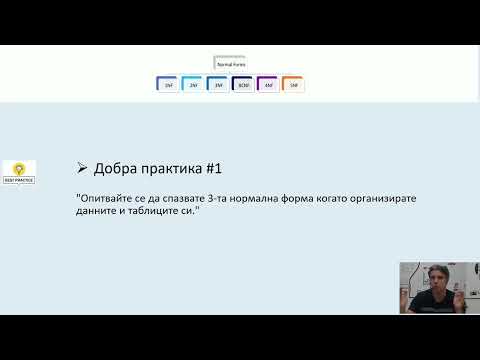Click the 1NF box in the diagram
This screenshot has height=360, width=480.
pos(168,85)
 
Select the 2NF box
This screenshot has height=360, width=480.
pos(193,85)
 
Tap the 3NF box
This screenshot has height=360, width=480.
pos(218,85)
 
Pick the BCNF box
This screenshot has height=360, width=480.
pos(243,85)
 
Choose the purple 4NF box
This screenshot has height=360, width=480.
pos(268,85)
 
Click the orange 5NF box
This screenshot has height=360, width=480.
pos(293,85)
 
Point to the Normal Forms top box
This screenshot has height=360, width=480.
pos(231,62)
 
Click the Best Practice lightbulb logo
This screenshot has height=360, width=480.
pos(20,172)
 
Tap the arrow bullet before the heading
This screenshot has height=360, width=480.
pos(81,167)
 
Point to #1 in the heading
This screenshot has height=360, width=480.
pos(227,167)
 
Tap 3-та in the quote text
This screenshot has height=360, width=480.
pos(238,199)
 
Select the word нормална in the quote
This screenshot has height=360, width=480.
pos(279,199)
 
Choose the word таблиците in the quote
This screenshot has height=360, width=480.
pos(153,212)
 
